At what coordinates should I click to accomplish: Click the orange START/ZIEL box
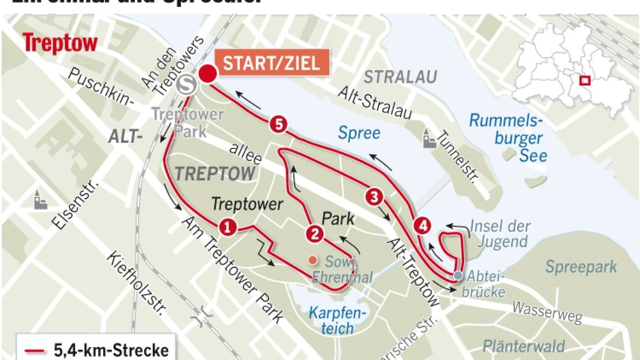point(271,63)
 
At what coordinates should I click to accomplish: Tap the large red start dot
point(207,74)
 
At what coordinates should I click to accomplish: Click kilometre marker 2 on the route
point(314,233)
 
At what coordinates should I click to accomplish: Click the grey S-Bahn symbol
point(187,84)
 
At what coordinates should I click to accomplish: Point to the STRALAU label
point(400,77)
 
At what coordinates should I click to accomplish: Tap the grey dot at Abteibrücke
point(459,275)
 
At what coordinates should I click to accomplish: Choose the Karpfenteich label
point(337,319)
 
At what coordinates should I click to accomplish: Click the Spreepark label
point(580,267)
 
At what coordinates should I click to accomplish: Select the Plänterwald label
point(523,346)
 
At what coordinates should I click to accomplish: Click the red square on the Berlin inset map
point(585,81)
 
